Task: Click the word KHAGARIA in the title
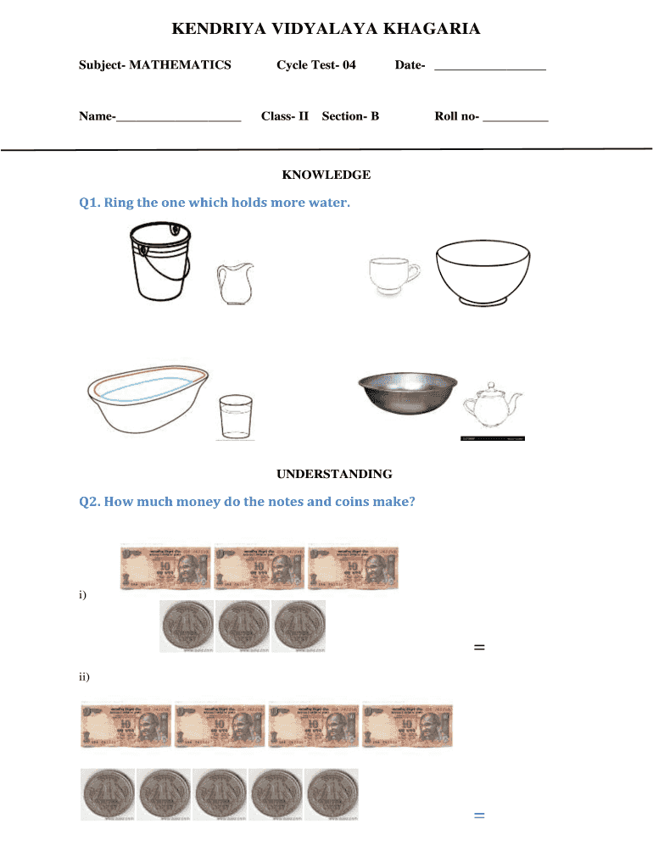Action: coord(432,30)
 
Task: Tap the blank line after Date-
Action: coord(489,67)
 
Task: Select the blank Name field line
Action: coord(178,119)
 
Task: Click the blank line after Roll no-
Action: coord(515,119)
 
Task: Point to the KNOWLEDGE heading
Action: coord(326,175)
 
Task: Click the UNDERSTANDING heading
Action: coord(326,474)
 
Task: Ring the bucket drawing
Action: coord(159,262)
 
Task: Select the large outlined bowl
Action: coord(483,271)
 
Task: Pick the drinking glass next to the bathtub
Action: coord(236,416)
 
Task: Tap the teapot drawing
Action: coord(492,407)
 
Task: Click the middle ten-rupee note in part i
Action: coord(260,566)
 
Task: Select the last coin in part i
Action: coord(298,627)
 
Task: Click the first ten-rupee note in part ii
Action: coord(126,726)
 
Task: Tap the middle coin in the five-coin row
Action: coord(220,794)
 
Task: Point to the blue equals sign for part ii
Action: coord(479,815)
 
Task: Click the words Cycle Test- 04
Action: coord(316,65)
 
